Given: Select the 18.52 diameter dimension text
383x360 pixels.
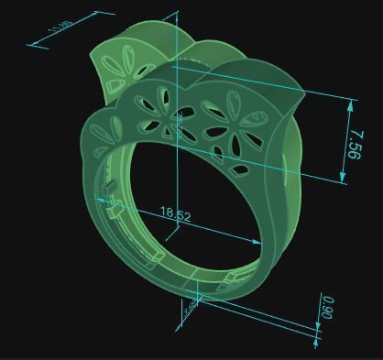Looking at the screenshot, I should click(x=176, y=214).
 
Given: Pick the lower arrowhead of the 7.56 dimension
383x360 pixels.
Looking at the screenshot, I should click(x=345, y=180).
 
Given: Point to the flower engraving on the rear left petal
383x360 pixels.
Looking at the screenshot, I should click(x=118, y=69).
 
